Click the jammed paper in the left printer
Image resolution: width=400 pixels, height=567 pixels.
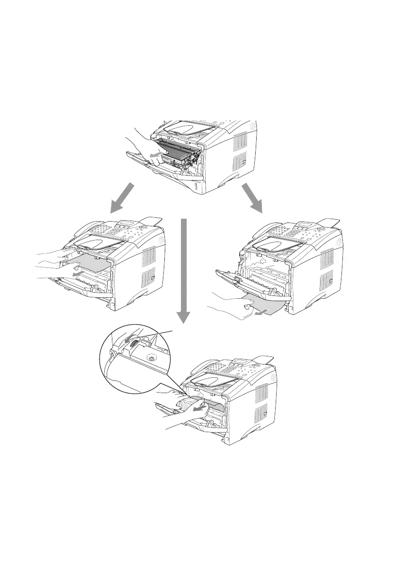(88, 263)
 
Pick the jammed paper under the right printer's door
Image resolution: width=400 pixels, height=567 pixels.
(264, 304)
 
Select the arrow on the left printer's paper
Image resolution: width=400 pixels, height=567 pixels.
(75, 275)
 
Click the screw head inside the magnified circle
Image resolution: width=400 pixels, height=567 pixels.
(151, 358)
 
